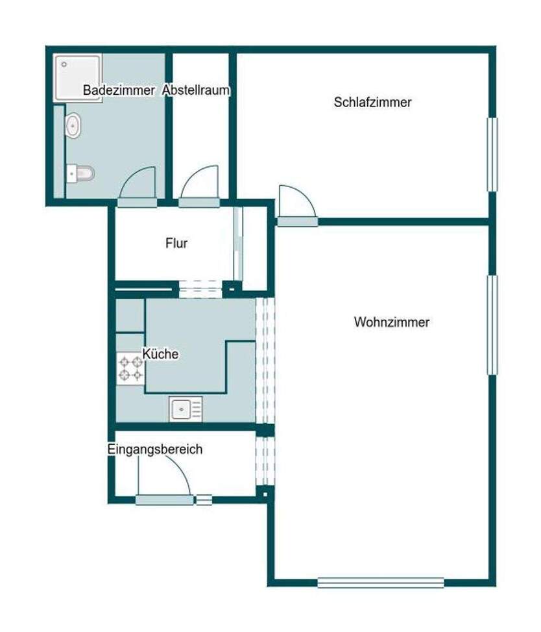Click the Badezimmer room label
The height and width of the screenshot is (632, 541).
click(x=119, y=90)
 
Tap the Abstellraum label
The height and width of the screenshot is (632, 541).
click(x=196, y=90)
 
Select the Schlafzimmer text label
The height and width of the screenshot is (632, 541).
click(x=373, y=102)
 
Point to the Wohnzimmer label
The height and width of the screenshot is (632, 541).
click(x=392, y=322)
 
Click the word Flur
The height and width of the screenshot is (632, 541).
click(x=176, y=244)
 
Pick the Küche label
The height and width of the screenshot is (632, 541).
click(x=160, y=354)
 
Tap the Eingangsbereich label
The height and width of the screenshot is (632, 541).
click(x=155, y=449)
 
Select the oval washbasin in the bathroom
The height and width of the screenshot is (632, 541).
click(x=73, y=126)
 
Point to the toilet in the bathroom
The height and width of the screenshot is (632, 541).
click(x=82, y=173)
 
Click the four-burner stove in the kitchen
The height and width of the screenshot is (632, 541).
click(x=130, y=369)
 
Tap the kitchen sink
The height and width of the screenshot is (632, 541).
click(x=186, y=409)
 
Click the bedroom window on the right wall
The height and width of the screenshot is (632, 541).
click(x=492, y=155)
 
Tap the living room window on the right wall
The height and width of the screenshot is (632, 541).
click(x=492, y=325)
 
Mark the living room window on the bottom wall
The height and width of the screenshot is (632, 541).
click(x=381, y=583)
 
